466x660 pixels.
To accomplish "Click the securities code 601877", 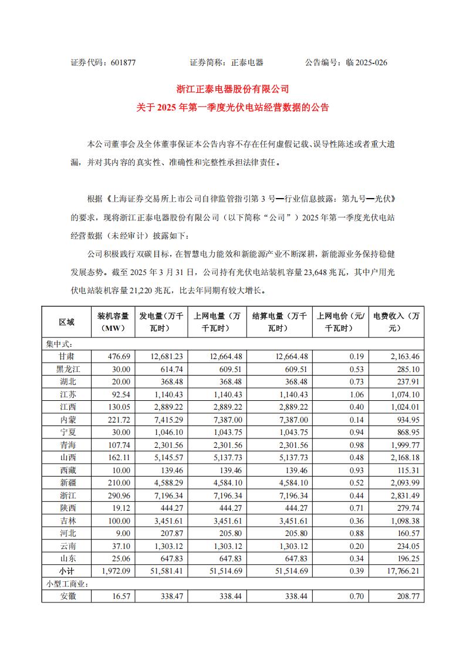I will click(123, 62).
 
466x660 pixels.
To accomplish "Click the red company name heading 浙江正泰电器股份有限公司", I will click(233, 89).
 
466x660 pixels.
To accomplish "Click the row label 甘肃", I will click(67, 357).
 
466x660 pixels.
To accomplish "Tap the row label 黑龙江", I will click(67, 369).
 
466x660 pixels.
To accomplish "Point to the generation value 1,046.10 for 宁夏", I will click(171, 431).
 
